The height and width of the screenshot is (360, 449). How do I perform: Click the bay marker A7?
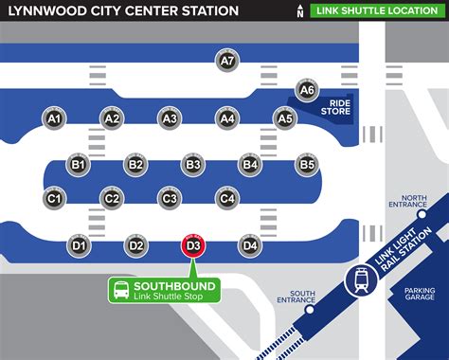pos(226,60)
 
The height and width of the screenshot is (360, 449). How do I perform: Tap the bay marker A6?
pos(306,89)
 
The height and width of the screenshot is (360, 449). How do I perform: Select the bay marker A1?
pos(54,117)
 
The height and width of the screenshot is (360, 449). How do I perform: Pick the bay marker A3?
pos(170,117)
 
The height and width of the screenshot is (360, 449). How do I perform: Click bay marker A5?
pos(284,117)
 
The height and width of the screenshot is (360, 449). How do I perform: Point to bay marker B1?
pos(79,164)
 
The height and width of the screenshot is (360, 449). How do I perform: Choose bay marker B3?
pos(193,164)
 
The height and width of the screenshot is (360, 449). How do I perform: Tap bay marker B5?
pos(307,164)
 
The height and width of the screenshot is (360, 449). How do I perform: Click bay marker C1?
pos(54,198)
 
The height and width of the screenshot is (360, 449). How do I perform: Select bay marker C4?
pos(226,198)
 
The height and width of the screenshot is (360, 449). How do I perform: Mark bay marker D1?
pos(79,245)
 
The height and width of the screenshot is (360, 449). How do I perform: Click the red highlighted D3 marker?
pos(193,246)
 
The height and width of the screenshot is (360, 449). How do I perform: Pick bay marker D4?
pos(250,245)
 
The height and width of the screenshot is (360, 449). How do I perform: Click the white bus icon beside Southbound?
pos(120,291)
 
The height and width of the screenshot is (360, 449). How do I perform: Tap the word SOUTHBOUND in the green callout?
pos(174,285)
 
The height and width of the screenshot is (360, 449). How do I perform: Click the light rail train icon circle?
pos(361,280)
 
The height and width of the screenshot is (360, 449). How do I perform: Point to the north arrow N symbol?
pos(327,10)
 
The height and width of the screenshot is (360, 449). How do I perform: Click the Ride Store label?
pos(339,106)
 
